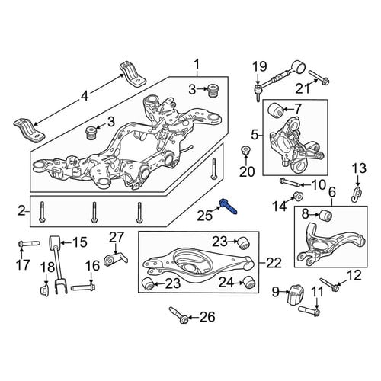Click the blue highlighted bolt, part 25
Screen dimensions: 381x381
229,207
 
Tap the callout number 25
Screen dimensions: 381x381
204,216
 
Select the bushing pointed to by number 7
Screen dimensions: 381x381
276,110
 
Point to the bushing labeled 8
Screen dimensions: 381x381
325,216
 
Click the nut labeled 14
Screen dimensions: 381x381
298,196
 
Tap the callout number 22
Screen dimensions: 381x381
274,264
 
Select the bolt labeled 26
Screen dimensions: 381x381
178,315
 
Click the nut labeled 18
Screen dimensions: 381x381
45,290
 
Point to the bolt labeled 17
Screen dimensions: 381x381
29,244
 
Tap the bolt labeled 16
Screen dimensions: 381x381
83,288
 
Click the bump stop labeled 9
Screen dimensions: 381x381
296,295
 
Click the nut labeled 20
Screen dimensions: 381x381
245,151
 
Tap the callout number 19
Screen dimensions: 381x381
260,66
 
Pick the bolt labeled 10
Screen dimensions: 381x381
290,182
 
